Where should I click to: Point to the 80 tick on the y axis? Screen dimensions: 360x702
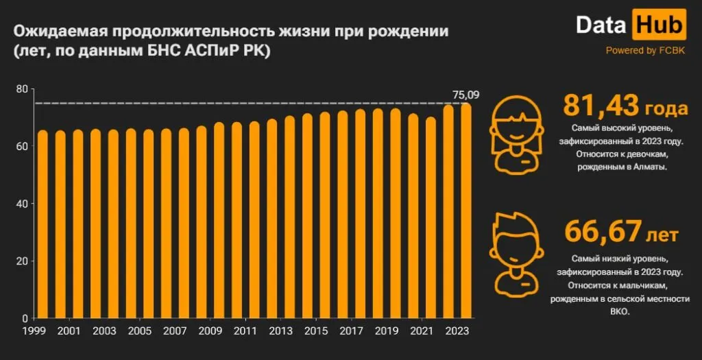click(22, 89)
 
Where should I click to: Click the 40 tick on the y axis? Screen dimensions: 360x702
click(22, 204)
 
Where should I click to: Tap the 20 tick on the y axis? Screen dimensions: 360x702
click(22, 261)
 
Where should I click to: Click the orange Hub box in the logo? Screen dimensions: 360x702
click(658, 25)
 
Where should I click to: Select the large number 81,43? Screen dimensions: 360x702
click(601, 107)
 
